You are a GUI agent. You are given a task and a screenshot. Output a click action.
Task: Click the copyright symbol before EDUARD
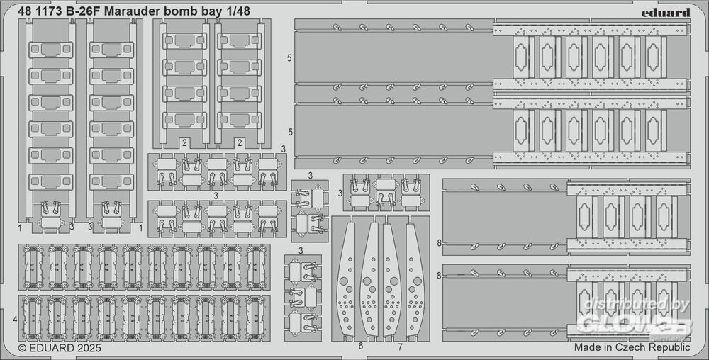point(22,348)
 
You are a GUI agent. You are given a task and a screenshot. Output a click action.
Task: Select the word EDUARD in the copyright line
point(50,348)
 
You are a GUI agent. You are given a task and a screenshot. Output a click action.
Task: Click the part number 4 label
point(15,320)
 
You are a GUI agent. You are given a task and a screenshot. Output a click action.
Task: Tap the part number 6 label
point(361,347)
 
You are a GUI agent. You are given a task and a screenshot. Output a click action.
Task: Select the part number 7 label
point(400,347)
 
